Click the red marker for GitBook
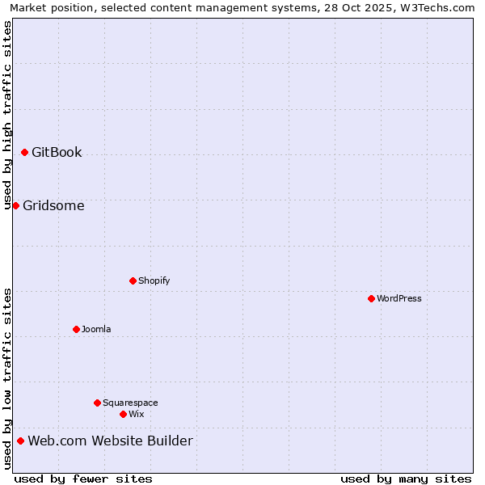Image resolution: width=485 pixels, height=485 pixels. tap(24, 152)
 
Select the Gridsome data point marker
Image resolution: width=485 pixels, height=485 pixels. tap(15, 205)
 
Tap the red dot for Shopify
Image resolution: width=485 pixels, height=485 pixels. tap(133, 280)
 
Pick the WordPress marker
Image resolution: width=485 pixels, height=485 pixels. tap(371, 298)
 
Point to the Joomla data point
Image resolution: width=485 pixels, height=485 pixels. tap(76, 329)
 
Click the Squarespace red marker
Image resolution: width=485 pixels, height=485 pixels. tap(97, 403)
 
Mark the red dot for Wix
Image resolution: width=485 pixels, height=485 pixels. tap(123, 414)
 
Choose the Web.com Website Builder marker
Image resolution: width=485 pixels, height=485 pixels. tap(20, 441)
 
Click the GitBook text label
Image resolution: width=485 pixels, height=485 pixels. tap(57, 152)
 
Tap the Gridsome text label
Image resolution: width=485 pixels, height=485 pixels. tap(53, 205)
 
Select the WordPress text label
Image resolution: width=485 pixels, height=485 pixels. tap(399, 298)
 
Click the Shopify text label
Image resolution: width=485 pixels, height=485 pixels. tap(154, 280)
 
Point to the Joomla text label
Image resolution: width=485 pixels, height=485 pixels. tap(96, 329)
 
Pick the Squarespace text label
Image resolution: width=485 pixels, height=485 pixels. tap(130, 403)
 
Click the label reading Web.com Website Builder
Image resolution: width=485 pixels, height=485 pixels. tap(110, 441)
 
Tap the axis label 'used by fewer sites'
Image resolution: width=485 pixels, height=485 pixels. tap(83, 479)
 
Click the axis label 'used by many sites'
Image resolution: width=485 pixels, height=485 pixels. tap(406, 479)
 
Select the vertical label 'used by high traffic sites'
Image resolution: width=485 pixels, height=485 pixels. tap(7, 115)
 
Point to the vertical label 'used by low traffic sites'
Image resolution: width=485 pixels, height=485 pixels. tap(7, 378)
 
